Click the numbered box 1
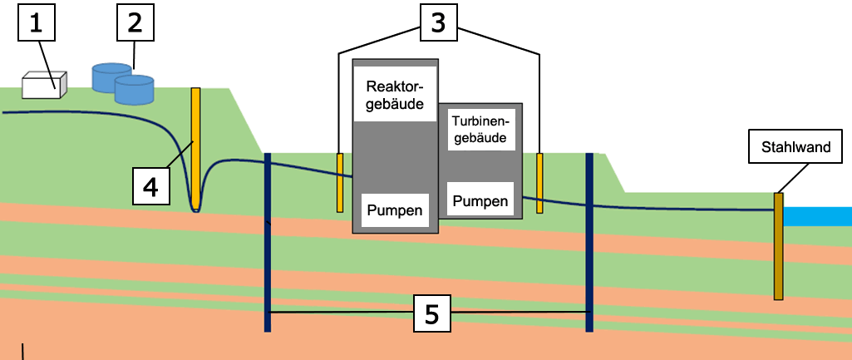[x=37, y=24]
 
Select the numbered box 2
[x=136, y=22]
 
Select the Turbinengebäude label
[x=479, y=129]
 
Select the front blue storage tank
[x=134, y=90]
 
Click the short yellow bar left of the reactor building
[x=340, y=182]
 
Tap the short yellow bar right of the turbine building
[x=539, y=183]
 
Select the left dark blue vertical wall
[x=268, y=242]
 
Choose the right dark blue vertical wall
[x=589, y=242]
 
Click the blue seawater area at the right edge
[x=819, y=216]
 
